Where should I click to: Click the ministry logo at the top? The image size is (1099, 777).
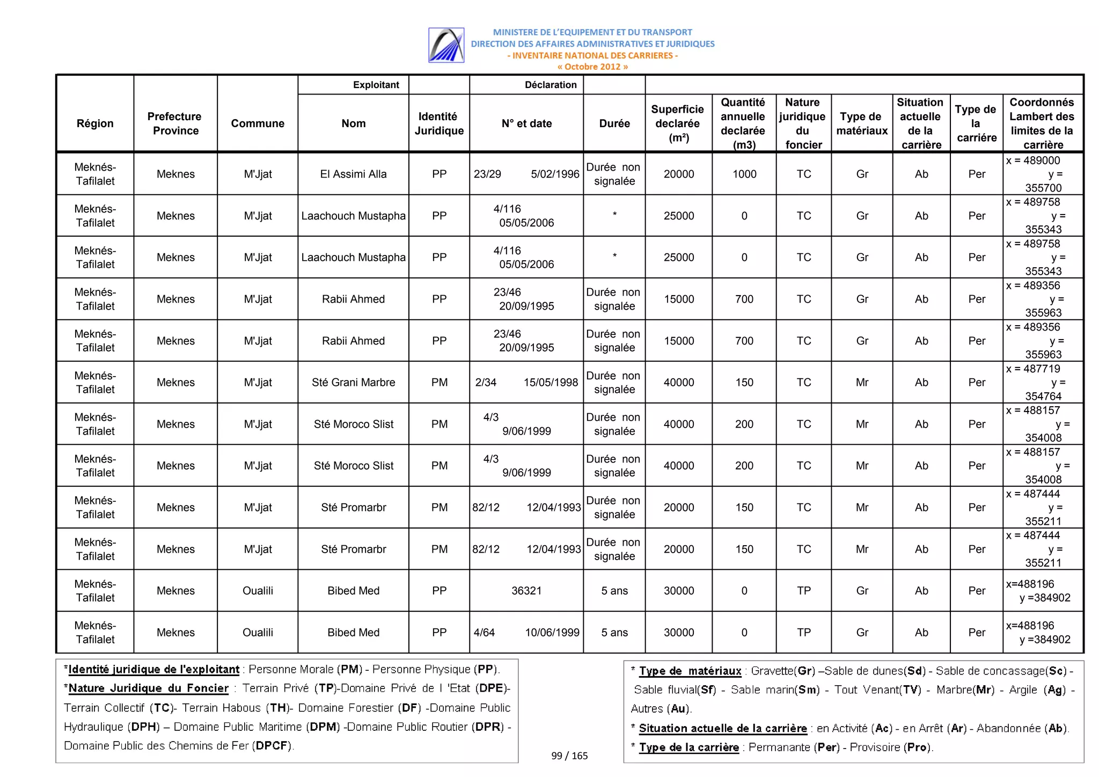point(446,45)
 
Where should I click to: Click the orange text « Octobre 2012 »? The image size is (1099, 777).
point(592,67)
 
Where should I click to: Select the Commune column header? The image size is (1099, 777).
point(258,123)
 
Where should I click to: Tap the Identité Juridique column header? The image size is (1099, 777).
point(438,123)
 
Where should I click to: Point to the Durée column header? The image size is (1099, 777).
point(614,123)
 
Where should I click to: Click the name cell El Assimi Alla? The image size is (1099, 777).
point(353,174)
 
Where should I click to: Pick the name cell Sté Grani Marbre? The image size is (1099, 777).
point(353,382)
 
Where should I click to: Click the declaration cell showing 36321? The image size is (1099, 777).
point(526,590)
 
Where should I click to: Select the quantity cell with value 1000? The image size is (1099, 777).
point(744,174)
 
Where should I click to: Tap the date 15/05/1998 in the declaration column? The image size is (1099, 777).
point(551,382)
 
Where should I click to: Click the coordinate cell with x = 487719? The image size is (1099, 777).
point(1042,382)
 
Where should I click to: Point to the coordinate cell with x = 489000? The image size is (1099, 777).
point(1042,174)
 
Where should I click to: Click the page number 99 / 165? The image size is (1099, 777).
point(569,756)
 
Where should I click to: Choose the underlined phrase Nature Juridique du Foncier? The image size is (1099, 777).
point(149,688)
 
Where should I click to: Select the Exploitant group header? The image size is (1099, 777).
point(376,85)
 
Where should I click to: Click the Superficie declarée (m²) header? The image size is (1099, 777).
point(678,123)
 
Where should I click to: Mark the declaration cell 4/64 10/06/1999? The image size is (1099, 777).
point(526,632)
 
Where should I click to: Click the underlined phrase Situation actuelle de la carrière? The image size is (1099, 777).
point(722,728)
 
